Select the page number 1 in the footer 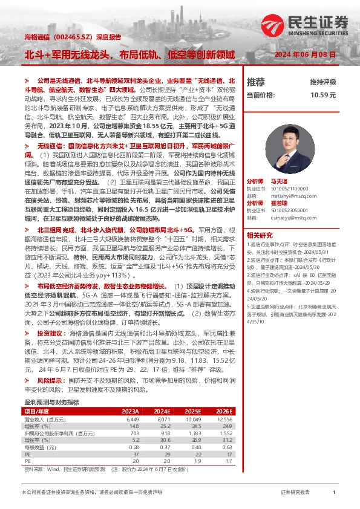tap(334, 493)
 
